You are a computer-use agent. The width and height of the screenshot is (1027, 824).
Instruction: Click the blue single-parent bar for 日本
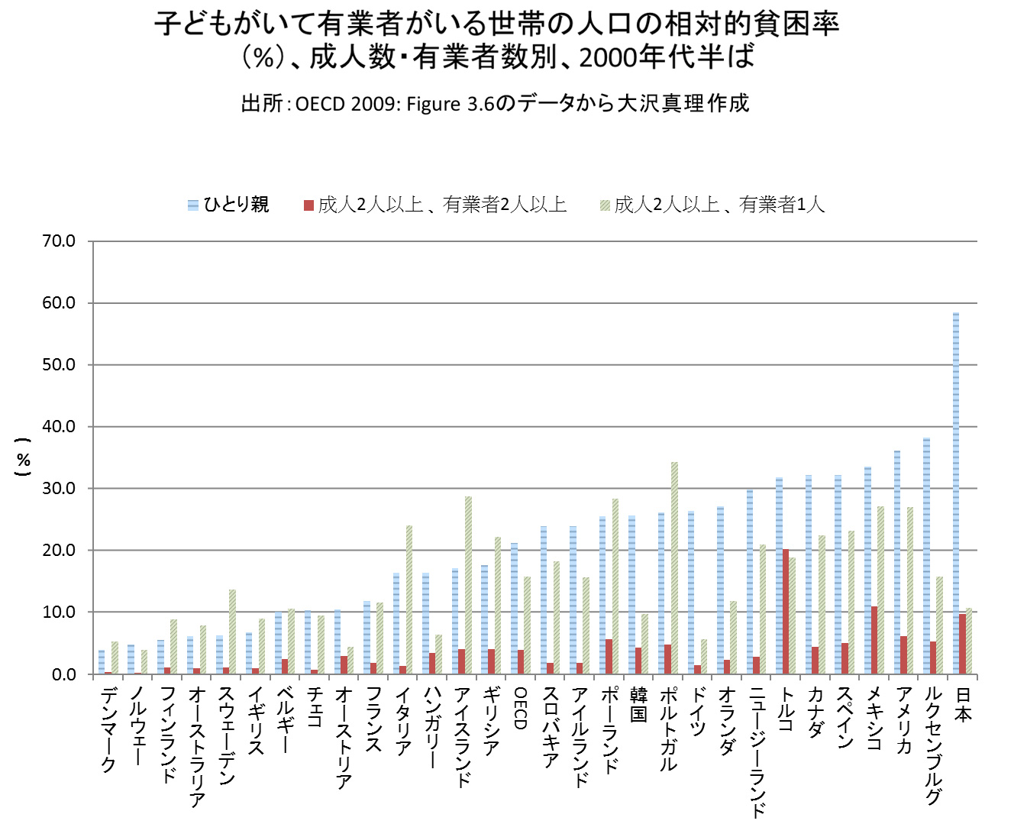956,493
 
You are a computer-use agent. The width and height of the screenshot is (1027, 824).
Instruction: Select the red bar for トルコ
786,611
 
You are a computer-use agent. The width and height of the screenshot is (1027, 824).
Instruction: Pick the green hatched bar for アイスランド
468,585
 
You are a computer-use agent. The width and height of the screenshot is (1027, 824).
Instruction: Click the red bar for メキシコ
874,640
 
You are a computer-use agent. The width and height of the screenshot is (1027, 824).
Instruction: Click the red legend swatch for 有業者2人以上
308,205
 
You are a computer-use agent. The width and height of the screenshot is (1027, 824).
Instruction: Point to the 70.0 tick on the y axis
59,241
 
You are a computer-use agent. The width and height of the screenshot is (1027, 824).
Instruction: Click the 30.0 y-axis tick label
59,489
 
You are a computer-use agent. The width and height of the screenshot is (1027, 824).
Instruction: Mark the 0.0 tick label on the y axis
64,674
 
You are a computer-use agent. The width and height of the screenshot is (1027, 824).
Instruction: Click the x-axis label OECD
520,708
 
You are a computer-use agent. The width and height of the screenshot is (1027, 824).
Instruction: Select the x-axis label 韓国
638,704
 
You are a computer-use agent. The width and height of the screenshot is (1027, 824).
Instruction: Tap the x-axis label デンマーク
108,729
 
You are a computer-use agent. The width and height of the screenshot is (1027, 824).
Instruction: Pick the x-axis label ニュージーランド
756,752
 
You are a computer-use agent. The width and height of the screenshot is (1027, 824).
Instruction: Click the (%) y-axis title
24,458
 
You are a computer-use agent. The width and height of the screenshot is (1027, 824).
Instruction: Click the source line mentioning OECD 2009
495,103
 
